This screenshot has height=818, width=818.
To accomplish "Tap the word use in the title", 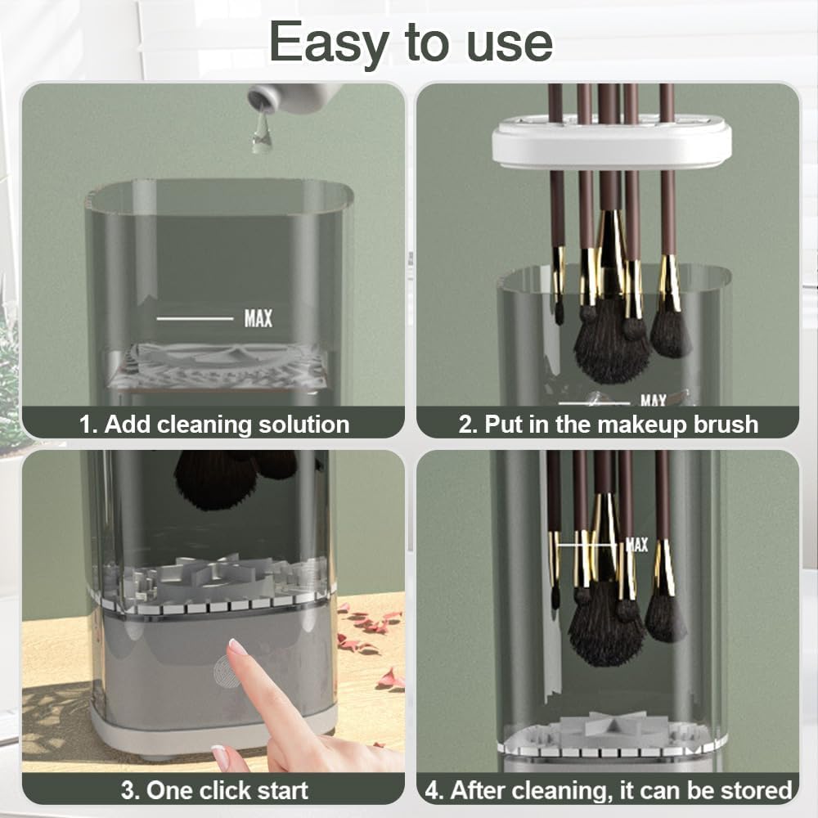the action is point(510,44).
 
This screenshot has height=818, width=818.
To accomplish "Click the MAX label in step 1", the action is point(258,318).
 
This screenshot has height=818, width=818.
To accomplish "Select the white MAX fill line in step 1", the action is point(195,318).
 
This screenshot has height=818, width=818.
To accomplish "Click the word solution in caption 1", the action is point(304,425).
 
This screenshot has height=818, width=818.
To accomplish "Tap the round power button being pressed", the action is point(228,670).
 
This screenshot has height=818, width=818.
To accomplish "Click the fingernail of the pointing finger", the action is point(237,647).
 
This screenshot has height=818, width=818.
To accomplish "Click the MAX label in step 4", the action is point(636,545).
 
